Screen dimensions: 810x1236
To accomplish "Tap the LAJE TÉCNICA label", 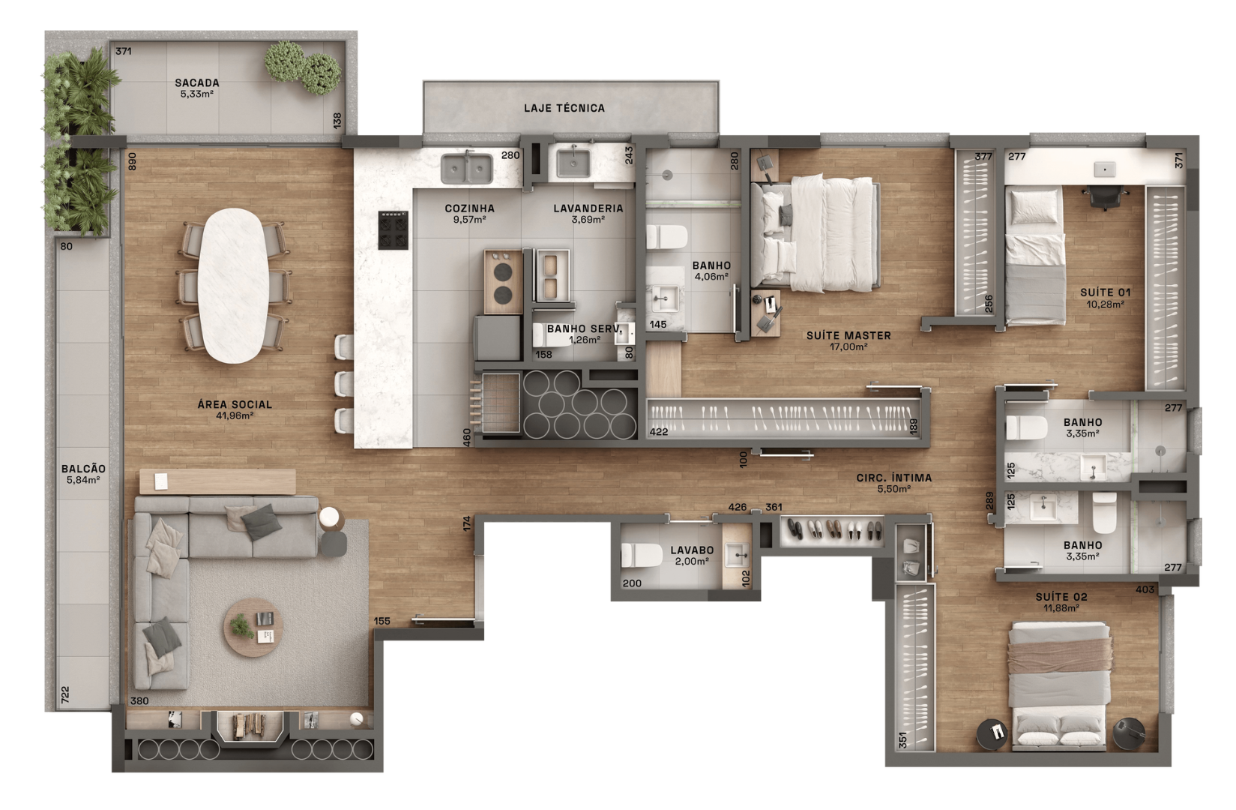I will coord(564,108).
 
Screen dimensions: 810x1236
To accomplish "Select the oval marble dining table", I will coord(234,285).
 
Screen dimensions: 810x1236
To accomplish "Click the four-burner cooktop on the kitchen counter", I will coord(395,229).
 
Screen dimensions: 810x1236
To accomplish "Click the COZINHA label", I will coord(470,208).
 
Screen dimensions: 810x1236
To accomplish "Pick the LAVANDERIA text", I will coord(588,208).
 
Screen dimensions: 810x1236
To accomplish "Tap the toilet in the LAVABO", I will coord(637,556).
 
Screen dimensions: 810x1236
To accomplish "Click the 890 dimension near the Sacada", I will coord(132,163).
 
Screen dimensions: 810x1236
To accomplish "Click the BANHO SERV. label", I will coord(584,329).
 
